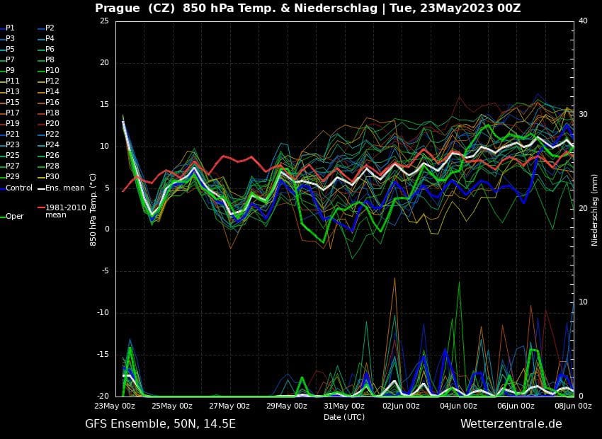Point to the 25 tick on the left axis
[x=104, y=21]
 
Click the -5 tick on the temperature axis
[x=104, y=271]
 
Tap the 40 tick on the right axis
[x=583, y=21]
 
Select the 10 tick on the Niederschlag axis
[x=583, y=302]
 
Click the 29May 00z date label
[x=287, y=406]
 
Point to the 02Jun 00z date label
[x=401, y=406]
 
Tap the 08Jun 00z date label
[x=573, y=406]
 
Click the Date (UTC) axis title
[x=344, y=417]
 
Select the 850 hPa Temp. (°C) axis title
[x=93, y=210]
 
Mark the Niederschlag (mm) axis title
[x=595, y=210]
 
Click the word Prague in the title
[x=118, y=8]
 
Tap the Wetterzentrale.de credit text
[x=511, y=424]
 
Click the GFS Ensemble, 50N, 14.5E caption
[x=160, y=424]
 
